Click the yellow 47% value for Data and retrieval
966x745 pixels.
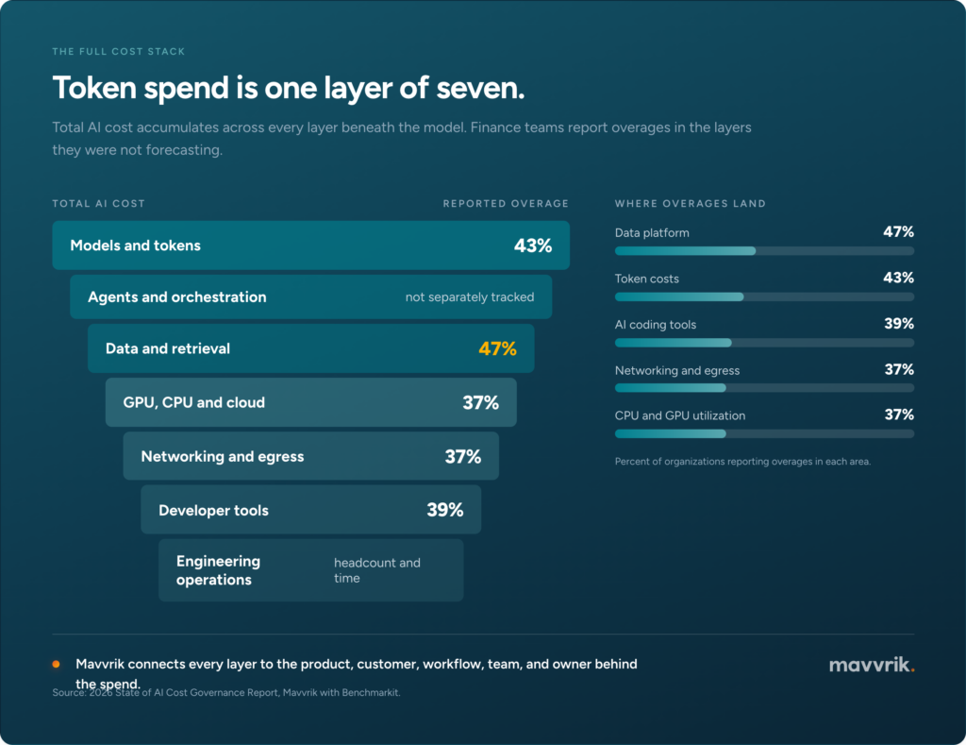tap(497, 349)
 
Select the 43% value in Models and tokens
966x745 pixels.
tap(533, 246)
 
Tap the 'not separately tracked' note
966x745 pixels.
tap(470, 297)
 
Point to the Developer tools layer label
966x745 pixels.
tap(213, 511)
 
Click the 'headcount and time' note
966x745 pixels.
tap(377, 570)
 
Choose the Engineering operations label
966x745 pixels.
tap(218, 570)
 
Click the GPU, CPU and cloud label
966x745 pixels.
tap(194, 403)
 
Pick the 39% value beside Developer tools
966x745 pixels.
tap(445, 510)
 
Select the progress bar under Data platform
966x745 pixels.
tap(764, 251)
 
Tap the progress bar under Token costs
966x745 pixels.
tap(764, 296)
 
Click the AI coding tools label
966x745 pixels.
tap(656, 325)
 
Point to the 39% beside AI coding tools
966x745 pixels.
tap(899, 324)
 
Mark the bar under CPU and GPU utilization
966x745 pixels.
tap(764, 433)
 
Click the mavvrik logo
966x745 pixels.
tap(872, 665)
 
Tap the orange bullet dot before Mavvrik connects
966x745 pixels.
tap(56, 664)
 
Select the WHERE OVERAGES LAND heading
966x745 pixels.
tap(690, 204)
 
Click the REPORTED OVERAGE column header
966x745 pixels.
tap(506, 204)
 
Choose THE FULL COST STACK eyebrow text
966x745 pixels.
tap(118, 51)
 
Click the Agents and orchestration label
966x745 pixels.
tap(176, 297)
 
